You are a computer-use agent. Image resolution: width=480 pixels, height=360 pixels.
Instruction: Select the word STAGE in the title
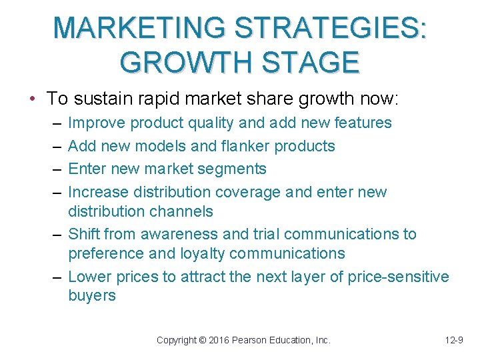pos(305,63)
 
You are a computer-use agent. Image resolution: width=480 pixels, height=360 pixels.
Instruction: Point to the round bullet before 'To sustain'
pos(33,99)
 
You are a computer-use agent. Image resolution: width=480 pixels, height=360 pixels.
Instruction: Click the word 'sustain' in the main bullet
pos(99,99)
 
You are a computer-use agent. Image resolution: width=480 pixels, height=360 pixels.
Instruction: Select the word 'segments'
pos(233,169)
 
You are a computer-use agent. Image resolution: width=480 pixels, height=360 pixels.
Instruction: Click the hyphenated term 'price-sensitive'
pos(398,277)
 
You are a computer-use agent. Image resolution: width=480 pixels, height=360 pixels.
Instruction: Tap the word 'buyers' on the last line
pos(92,296)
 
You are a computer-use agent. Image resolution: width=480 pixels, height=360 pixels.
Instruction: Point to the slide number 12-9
pos(454,340)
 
